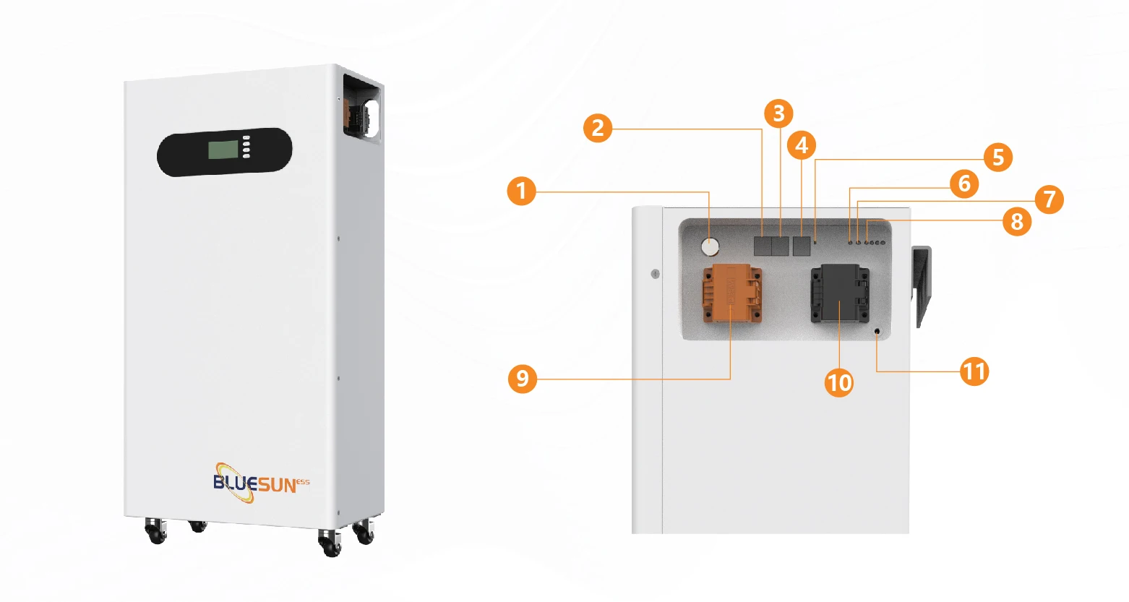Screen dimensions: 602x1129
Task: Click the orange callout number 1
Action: tap(521, 192)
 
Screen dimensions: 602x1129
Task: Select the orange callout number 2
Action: tap(598, 128)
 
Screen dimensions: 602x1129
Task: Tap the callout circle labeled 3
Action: tap(778, 113)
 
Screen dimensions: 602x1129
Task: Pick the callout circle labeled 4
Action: tap(801, 145)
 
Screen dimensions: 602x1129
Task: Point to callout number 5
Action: tap(997, 157)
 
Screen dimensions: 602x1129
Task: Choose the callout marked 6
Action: tap(963, 184)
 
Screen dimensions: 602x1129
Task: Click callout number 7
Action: tap(1049, 199)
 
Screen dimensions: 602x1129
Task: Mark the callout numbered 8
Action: tap(1016, 221)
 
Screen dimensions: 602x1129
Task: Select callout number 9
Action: tap(523, 378)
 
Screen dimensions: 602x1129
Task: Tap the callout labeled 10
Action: tap(839, 382)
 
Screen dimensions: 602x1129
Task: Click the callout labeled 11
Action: tap(974, 371)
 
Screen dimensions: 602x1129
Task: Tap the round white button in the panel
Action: tap(711, 247)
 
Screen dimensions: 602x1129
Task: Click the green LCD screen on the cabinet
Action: tap(223, 150)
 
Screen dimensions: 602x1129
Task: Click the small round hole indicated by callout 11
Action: tap(877, 332)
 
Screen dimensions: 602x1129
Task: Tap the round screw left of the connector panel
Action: tap(655, 274)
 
